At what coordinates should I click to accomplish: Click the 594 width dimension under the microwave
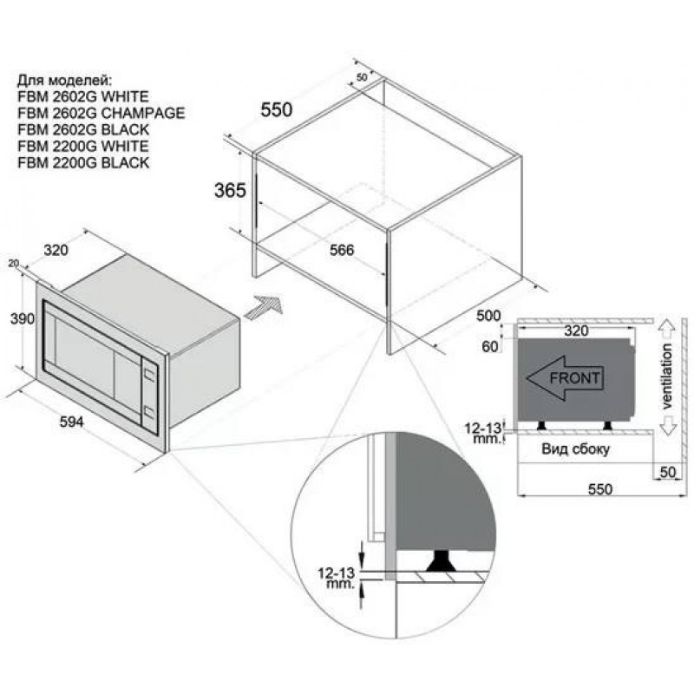[72, 422]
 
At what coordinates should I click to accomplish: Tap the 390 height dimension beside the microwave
[23, 318]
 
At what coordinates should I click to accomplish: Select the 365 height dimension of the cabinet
[230, 190]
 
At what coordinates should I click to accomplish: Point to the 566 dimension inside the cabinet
[342, 250]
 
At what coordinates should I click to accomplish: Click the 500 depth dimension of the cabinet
[488, 316]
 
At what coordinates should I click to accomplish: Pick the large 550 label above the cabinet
[277, 110]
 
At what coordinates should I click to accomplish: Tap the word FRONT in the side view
[574, 378]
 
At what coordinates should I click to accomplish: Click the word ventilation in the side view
[666, 376]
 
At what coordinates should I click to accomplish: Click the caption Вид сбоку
[575, 449]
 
